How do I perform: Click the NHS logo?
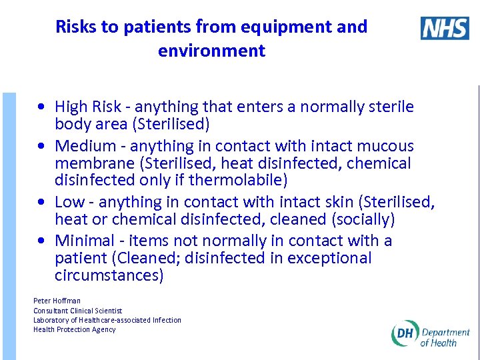(445, 29)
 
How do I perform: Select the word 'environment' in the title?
(211, 51)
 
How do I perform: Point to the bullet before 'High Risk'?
(42, 107)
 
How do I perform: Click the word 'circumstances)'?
(109, 275)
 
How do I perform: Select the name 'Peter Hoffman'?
(57, 301)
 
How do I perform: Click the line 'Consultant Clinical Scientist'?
(78, 311)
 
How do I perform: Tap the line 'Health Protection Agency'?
(75, 329)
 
